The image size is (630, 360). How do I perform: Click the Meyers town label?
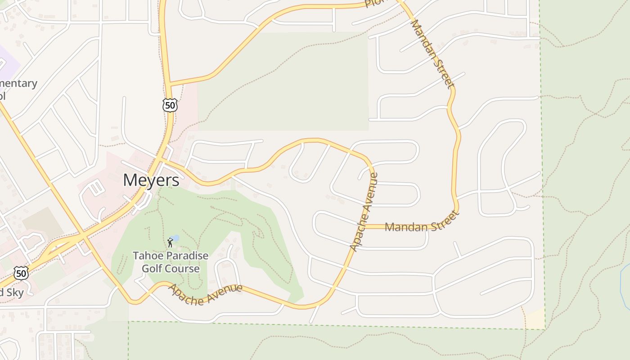pos(151,180)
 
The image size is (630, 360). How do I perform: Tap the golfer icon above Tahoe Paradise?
pos(170,243)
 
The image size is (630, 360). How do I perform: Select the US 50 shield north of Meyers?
pos(170,106)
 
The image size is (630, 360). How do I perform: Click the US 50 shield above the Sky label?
pos(21,273)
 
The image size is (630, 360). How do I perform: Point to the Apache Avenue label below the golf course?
pos(205,295)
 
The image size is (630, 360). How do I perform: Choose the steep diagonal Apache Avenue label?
pos(364,212)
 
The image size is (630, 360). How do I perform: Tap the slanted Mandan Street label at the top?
pos(432,54)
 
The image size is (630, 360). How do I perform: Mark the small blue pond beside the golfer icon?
pos(175,238)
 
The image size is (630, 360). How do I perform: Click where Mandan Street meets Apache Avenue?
pos(365,226)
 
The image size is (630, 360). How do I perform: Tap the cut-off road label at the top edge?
pos(373,4)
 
